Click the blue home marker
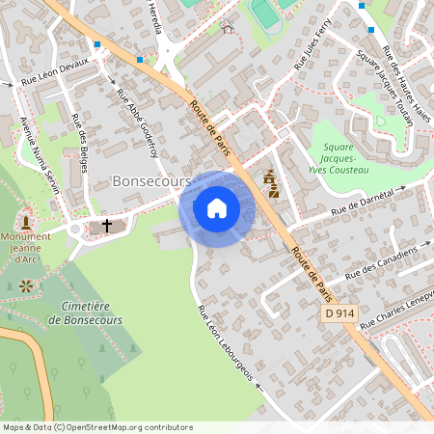[217, 208]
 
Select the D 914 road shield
[339, 314]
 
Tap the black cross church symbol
[106, 226]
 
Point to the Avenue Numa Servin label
[40, 154]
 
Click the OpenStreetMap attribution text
[96, 427]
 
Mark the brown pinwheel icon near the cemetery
[25, 285]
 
